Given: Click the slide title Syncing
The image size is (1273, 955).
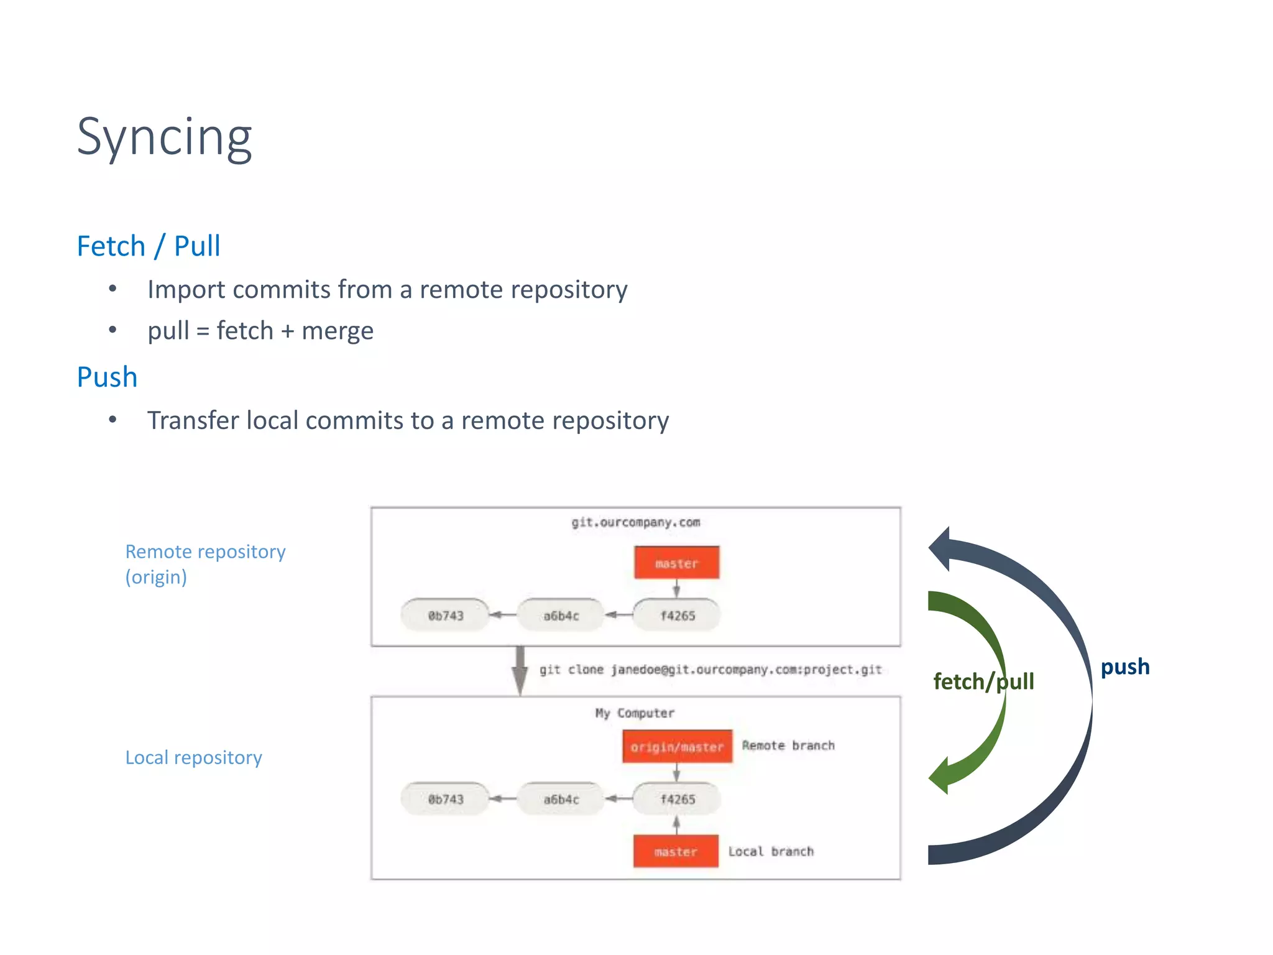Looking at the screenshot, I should coord(164,137).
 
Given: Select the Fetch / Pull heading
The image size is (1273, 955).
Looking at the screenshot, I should coord(148,246).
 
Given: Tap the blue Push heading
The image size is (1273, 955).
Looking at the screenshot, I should coord(107,377).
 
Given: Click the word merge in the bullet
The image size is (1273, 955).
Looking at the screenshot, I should coord(338,331).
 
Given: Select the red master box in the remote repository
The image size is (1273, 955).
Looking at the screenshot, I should coord(676,563).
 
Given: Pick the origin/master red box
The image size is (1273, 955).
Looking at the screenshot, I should coord(677,746).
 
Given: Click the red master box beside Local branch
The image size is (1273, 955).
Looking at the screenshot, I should coord(676,851).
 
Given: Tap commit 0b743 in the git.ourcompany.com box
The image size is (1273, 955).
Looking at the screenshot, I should coord(445,616).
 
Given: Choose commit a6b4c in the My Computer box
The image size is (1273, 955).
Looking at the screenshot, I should coord(561,799).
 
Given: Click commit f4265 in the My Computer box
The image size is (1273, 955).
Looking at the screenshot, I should coord(677,799).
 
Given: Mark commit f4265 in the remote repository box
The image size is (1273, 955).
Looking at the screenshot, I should coord(677,616).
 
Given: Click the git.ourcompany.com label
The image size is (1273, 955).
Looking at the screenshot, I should coord(635,522).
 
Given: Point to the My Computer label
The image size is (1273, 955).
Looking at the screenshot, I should coord(635,713).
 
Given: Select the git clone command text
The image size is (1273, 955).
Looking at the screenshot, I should coord(710,670).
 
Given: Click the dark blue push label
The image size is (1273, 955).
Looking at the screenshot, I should coord(1124,667).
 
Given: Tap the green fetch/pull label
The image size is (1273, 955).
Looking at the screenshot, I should coord(983,681).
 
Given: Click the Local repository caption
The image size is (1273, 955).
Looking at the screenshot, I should coord(193,757).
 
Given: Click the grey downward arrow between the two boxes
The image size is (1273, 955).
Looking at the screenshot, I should coord(520,670).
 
